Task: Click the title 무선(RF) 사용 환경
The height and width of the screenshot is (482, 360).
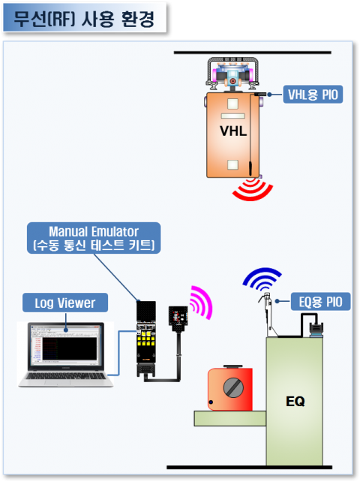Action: pos(84,19)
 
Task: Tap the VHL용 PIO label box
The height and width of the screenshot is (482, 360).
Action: pos(313,95)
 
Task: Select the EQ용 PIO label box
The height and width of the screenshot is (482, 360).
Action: pos(320,302)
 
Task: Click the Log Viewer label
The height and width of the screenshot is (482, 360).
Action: pos(65,303)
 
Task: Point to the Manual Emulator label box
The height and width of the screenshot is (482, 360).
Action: pos(94,238)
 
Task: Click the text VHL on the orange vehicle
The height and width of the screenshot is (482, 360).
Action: pos(233,131)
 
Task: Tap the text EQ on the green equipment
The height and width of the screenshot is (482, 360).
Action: pos(295,401)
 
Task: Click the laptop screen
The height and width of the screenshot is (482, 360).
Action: pos(66,345)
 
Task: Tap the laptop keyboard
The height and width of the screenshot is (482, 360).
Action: pos(66,376)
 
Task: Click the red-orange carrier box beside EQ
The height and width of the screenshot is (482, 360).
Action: pos(230,389)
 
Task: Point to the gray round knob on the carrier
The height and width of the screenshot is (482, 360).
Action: pos(233,387)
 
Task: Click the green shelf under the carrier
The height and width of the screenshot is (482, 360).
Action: pos(229,418)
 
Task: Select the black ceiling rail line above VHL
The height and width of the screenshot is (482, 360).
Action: pos(253,53)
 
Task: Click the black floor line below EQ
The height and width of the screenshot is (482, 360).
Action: pos(250,467)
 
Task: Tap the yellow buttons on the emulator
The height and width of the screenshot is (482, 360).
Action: pos(146,339)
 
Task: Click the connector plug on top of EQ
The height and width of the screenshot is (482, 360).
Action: pos(316,330)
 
